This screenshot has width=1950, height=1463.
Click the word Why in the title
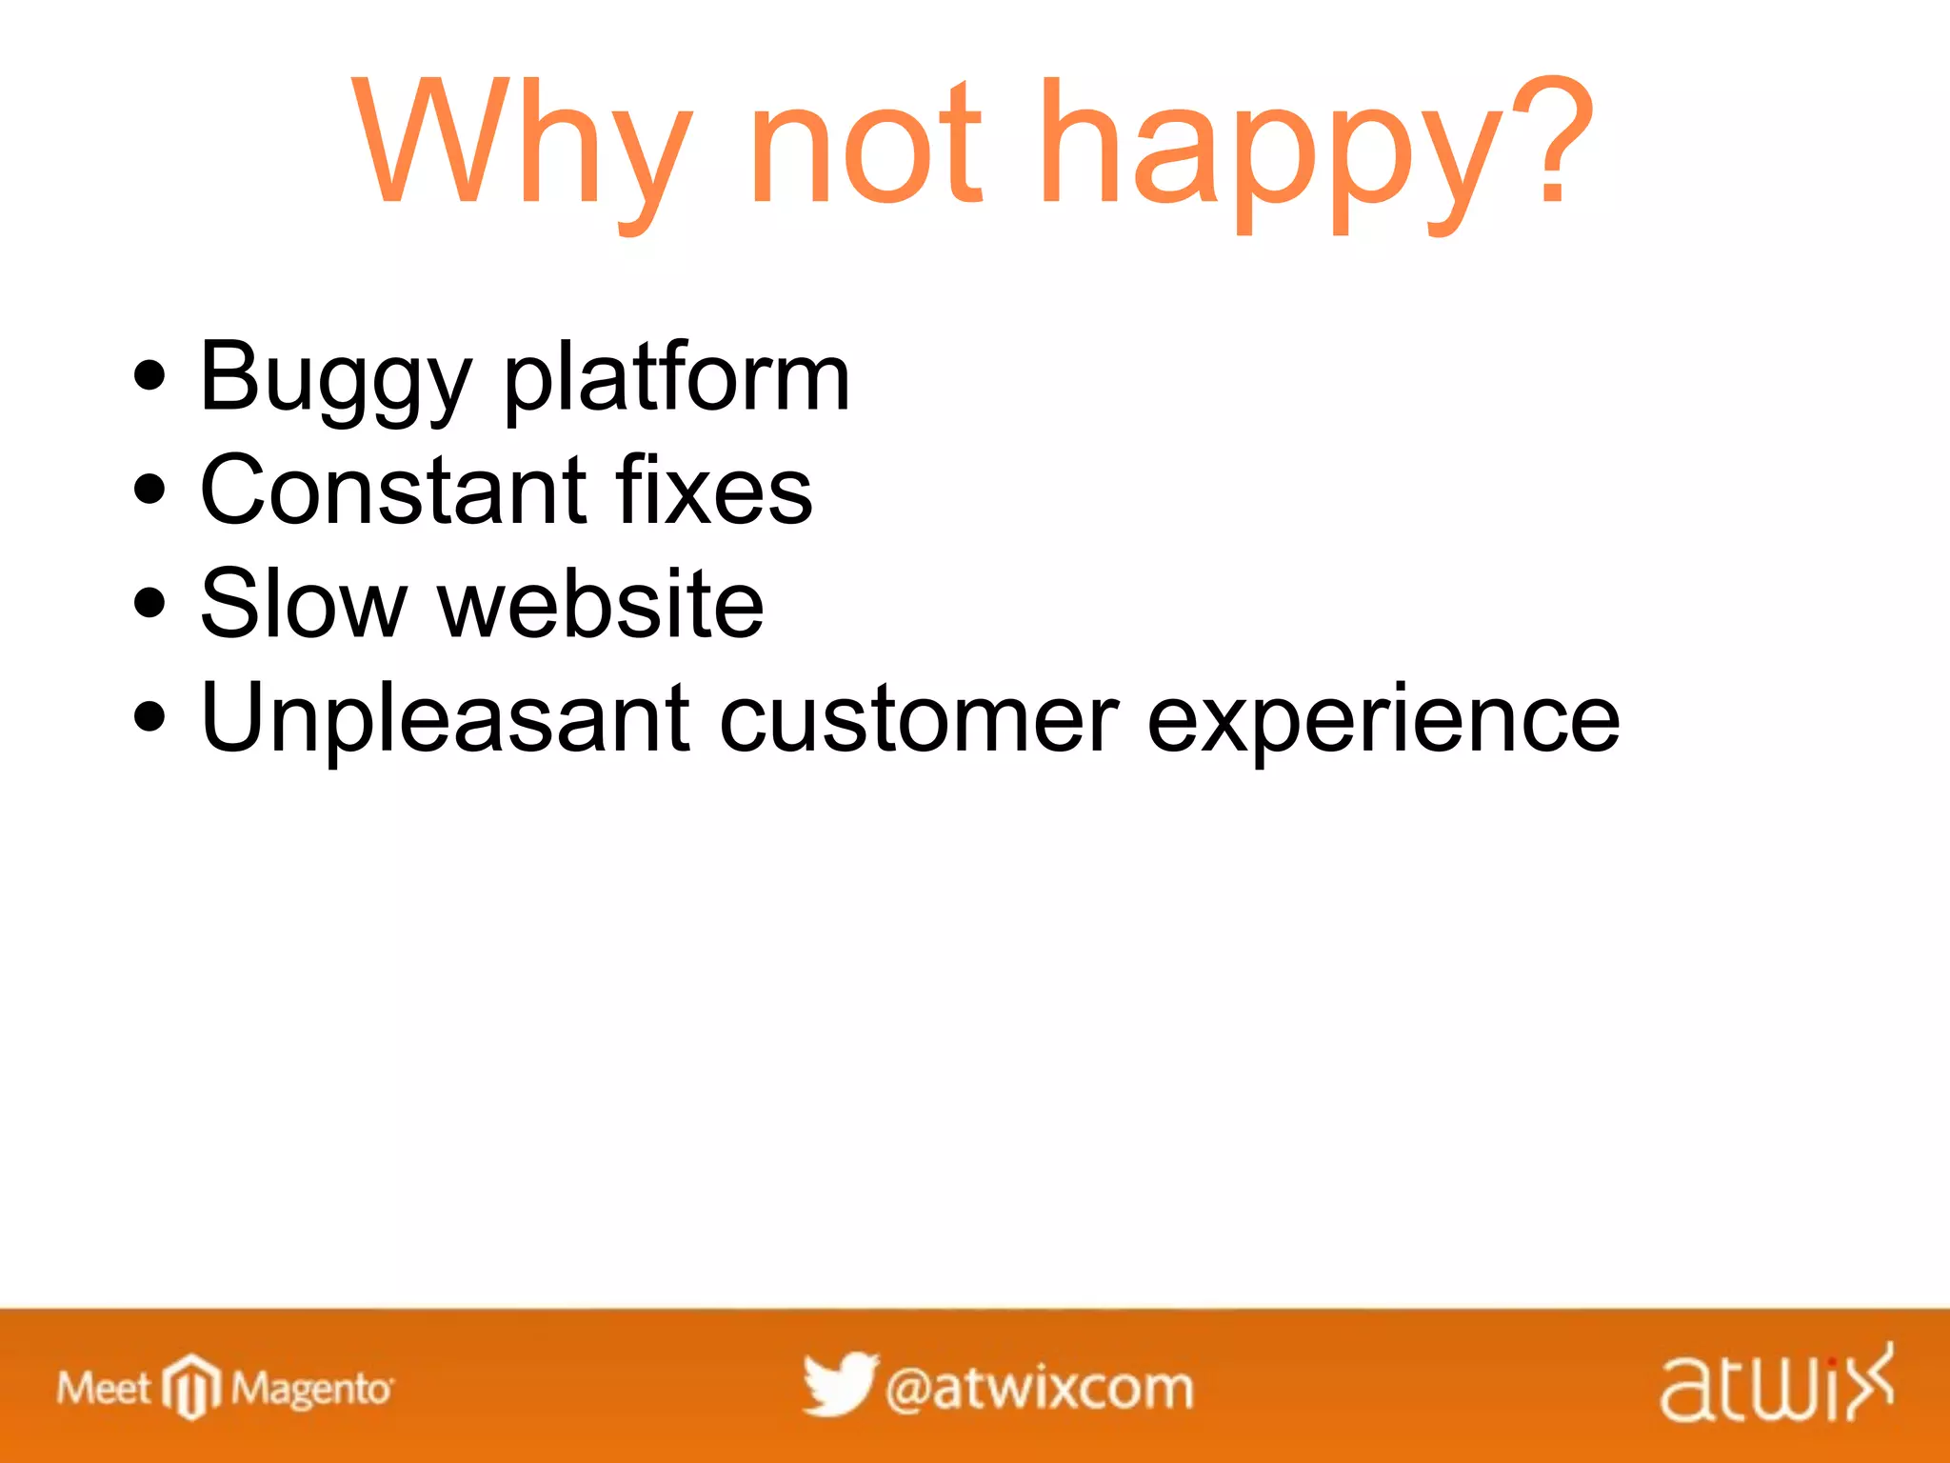coord(519,143)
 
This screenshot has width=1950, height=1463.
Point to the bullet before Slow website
coord(149,603)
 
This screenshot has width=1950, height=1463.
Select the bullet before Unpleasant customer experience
coord(149,716)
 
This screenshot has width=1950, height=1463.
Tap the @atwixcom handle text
coord(1039,1389)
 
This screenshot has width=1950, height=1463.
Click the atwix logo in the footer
coord(1777,1386)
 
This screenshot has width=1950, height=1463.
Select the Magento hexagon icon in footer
coord(191,1387)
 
